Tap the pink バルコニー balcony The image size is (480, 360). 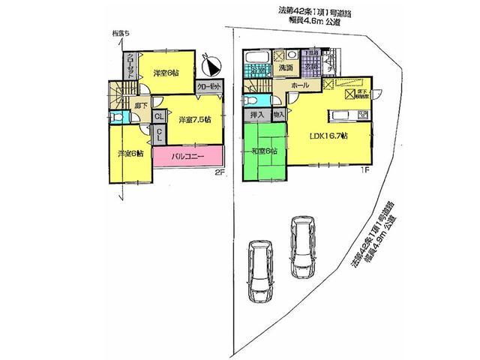pyautogui.click(x=188, y=157)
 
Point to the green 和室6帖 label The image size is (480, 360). pyautogui.click(x=263, y=151)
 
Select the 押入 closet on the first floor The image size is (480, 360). pyautogui.click(x=254, y=114)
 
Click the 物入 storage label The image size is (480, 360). pyautogui.click(x=278, y=114)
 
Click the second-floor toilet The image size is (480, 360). pyautogui.click(x=118, y=118)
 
